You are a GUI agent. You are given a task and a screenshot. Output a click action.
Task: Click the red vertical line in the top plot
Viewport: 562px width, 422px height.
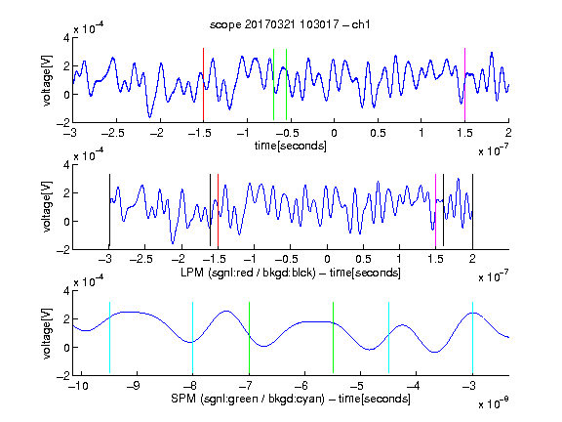(x=203, y=85)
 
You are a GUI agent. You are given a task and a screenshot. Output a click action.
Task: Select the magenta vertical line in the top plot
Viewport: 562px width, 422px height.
(x=464, y=85)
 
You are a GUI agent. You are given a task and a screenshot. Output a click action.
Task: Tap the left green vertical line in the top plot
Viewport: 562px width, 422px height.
(x=273, y=84)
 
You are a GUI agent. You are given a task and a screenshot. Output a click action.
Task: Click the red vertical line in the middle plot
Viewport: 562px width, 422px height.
(x=218, y=211)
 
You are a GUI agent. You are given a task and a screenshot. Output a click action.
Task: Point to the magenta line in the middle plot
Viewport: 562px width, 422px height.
(x=435, y=211)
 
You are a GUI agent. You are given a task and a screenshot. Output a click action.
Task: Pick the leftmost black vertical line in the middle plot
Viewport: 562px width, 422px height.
(x=109, y=211)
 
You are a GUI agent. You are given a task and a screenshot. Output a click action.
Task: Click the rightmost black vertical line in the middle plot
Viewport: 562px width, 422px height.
(x=472, y=211)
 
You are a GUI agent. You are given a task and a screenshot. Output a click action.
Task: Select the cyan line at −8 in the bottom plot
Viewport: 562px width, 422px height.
(x=193, y=338)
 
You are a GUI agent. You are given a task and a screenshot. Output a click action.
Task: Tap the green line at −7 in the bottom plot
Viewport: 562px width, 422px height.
(x=249, y=338)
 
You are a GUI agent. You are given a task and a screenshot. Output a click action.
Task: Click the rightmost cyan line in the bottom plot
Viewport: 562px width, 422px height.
(x=472, y=338)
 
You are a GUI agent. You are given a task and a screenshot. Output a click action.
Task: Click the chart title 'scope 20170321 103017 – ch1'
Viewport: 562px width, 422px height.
(x=290, y=24)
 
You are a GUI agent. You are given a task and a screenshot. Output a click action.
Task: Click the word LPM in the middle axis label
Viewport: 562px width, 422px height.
(x=192, y=273)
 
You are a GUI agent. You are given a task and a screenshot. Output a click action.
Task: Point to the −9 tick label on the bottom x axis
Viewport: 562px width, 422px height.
(x=133, y=386)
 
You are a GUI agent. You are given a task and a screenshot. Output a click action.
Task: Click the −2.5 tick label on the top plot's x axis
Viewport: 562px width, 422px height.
(x=113, y=133)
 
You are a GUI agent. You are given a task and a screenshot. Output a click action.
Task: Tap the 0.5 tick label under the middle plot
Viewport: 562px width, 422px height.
(x=363, y=259)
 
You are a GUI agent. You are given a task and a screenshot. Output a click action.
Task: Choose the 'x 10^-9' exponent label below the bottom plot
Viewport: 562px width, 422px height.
(x=493, y=403)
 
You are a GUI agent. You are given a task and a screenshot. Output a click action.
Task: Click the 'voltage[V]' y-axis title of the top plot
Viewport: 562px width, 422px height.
(x=47, y=80)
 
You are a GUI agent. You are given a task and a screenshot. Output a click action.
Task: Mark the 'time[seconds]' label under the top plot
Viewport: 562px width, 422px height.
(x=291, y=146)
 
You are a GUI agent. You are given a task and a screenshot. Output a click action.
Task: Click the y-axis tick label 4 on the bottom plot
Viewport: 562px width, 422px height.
(x=66, y=291)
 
